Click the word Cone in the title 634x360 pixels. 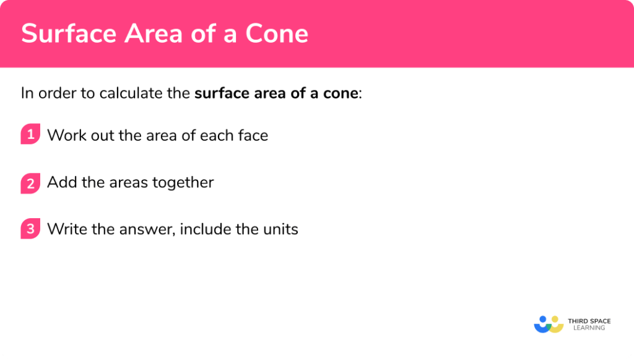click(277, 33)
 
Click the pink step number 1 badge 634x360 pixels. click(30, 134)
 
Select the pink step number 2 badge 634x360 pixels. click(30, 183)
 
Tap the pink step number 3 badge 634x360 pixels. click(30, 229)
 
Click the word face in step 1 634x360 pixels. click(253, 135)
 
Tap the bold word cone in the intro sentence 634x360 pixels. click(342, 94)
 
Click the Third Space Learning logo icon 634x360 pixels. click(548, 324)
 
